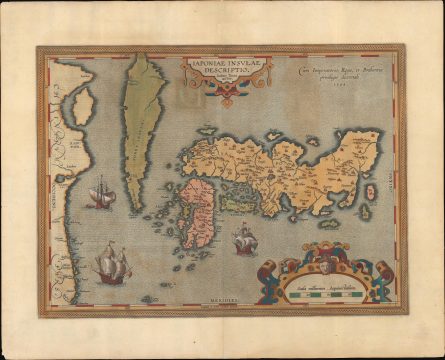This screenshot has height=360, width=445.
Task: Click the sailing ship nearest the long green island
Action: pos(100,192)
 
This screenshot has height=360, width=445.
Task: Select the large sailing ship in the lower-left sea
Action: pos(111,265)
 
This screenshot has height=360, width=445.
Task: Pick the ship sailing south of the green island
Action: pos(245,238)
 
